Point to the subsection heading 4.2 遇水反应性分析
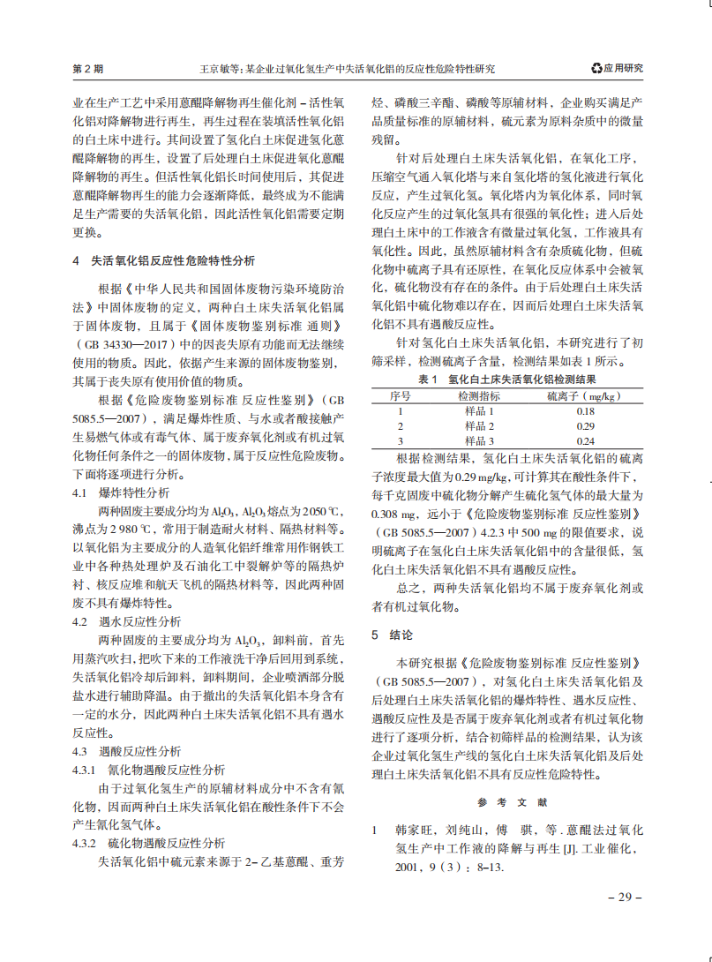127,621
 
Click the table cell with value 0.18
585,411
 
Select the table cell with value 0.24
585,441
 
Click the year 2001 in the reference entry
408,868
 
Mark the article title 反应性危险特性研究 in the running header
442,69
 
